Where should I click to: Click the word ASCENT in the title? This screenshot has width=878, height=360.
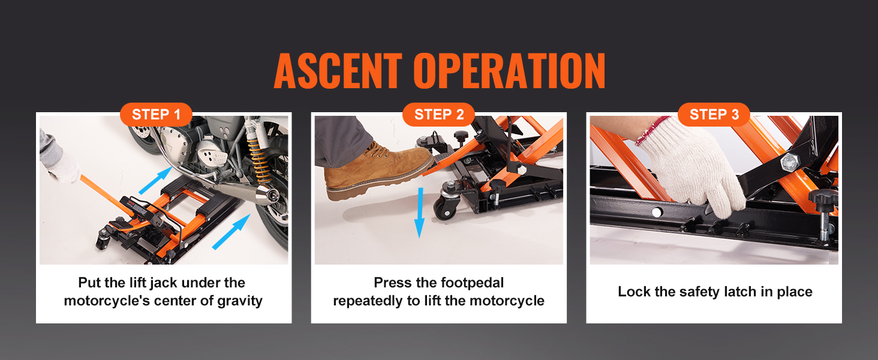339,71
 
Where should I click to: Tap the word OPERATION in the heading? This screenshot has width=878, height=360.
509,71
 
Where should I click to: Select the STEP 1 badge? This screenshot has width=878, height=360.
156,115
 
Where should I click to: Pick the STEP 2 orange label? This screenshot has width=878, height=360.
438,115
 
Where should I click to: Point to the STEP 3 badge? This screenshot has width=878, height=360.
714,115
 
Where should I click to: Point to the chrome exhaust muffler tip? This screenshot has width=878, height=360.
266,194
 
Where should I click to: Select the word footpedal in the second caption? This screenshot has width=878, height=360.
473,283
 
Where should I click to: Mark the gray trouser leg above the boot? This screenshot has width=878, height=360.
342,141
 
